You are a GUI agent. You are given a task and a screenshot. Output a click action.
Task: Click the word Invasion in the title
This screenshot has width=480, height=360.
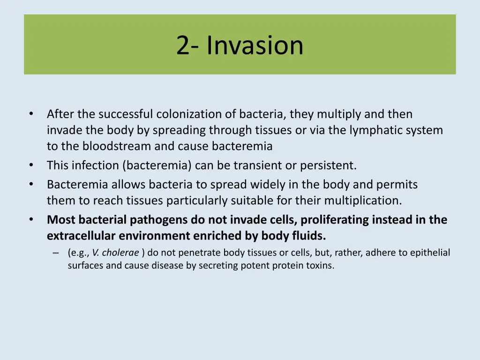coord(255,45)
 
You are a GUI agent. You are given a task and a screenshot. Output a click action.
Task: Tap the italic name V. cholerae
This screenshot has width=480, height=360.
coord(115,253)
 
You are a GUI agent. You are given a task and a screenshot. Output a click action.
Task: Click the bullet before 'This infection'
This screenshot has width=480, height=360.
coord(31,165)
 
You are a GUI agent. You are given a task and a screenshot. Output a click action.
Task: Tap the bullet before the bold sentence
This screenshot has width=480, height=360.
coord(31,220)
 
